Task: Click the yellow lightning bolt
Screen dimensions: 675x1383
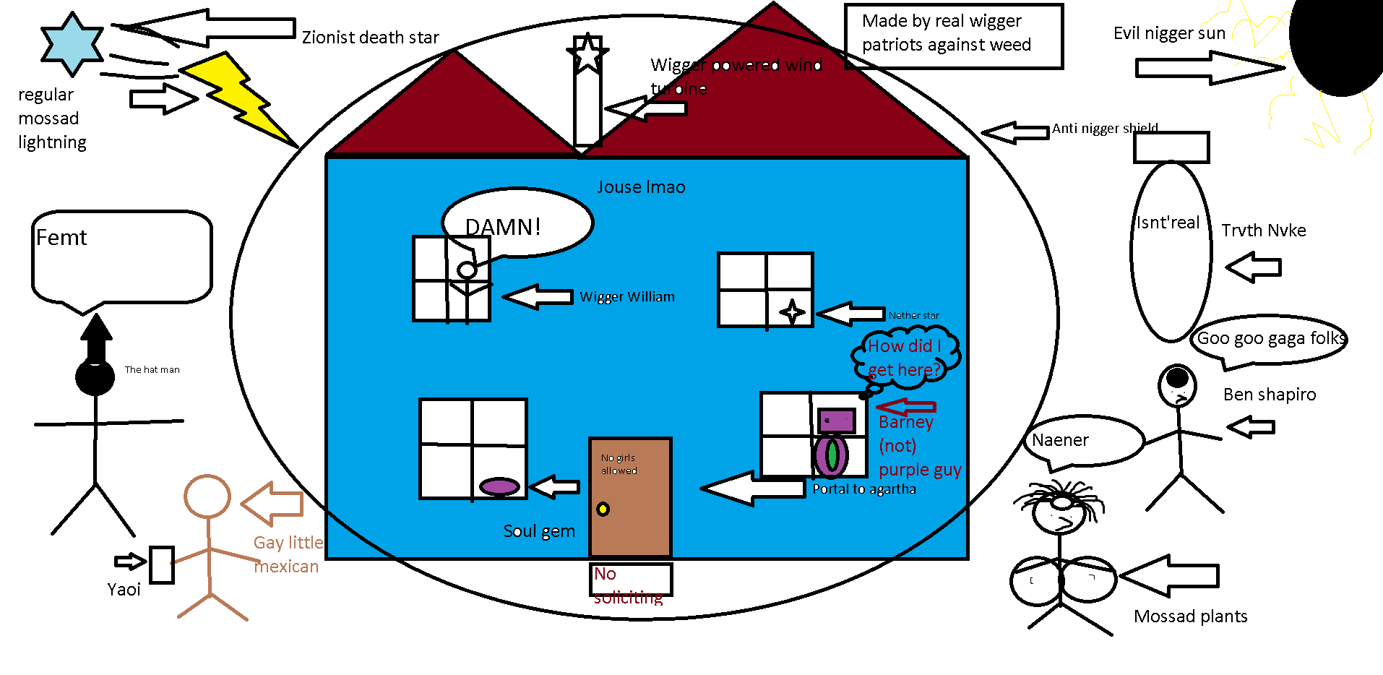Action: tap(235, 98)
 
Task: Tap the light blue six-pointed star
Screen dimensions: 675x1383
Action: tap(72, 43)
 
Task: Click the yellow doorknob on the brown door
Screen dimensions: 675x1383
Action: tap(603, 509)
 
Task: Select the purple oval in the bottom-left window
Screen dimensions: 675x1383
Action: tap(499, 486)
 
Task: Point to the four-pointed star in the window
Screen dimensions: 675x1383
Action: tap(792, 312)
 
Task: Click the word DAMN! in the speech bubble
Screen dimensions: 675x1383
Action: tap(503, 228)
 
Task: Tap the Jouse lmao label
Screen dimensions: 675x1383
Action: tap(641, 187)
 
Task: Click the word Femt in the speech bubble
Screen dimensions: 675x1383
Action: tap(61, 238)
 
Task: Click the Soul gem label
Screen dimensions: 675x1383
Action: tap(539, 531)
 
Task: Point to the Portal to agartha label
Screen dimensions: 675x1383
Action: tap(864, 489)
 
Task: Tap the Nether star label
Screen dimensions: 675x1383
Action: tap(914, 315)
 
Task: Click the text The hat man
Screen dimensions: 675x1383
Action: tap(152, 369)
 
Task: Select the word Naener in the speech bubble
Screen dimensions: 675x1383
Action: tap(1060, 440)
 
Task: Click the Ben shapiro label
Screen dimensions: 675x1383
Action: tap(1270, 395)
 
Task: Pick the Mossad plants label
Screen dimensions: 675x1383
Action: tap(1191, 616)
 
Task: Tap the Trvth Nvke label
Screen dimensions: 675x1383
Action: tap(1264, 231)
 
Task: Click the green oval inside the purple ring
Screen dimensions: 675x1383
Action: tap(832, 455)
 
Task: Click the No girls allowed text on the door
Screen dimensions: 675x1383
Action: tap(619, 464)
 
